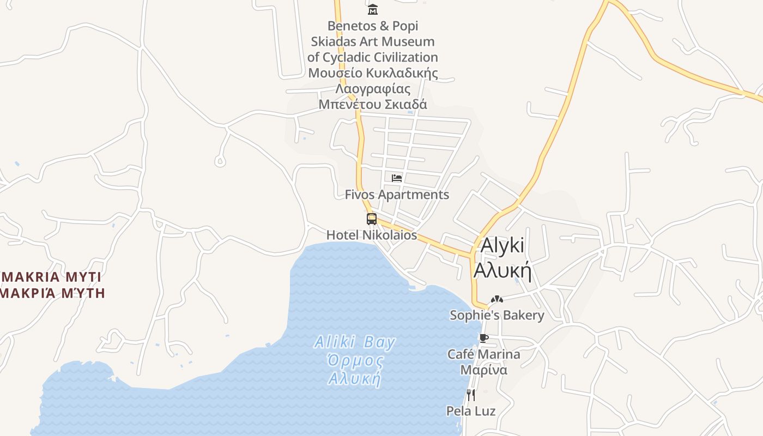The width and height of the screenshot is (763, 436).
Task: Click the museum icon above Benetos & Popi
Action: click(373, 9)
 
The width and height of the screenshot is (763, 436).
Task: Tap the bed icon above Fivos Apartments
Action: click(397, 178)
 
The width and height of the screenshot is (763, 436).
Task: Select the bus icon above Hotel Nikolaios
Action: click(372, 219)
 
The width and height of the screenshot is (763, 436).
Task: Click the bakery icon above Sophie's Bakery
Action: click(496, 299)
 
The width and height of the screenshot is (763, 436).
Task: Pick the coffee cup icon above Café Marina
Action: click(483, 338)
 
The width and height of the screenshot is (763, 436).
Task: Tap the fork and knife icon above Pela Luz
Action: click(471, 395)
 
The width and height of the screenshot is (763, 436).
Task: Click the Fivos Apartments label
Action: click(397, 195)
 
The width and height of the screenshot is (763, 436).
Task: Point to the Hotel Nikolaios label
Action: click(372, 235)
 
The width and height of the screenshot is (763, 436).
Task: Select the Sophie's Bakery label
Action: click(496, 315)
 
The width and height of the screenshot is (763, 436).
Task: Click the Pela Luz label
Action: click(471, 411)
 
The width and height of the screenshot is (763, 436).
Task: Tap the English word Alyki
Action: click(502, 246)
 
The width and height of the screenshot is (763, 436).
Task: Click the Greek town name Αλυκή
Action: click(502, 270)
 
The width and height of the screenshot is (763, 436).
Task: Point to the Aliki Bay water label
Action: click(355, 342)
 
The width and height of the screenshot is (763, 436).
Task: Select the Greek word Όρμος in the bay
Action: click(355, 361)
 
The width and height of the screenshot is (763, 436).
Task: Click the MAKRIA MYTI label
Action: click(52, 276)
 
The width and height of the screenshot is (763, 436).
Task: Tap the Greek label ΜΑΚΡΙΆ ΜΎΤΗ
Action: click(52, 293)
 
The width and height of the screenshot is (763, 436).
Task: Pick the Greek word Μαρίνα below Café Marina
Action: click(484, 370)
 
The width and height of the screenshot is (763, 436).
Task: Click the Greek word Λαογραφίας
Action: click(373, 88)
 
